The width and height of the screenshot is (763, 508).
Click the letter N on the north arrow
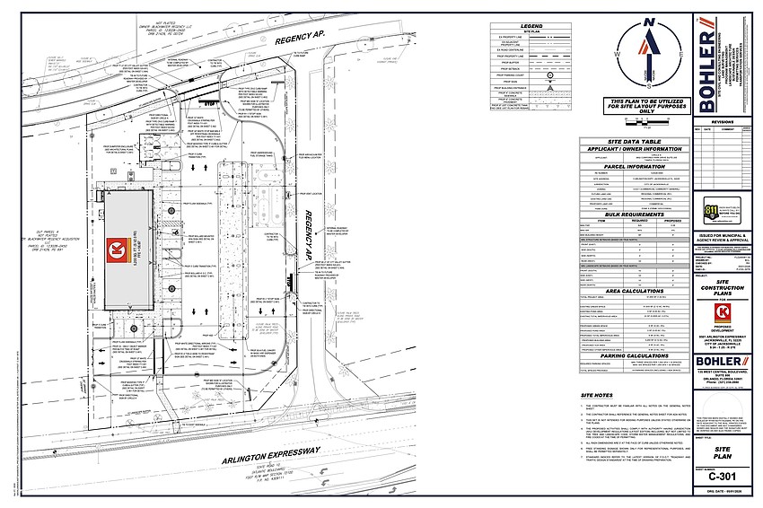click(649, 22)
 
